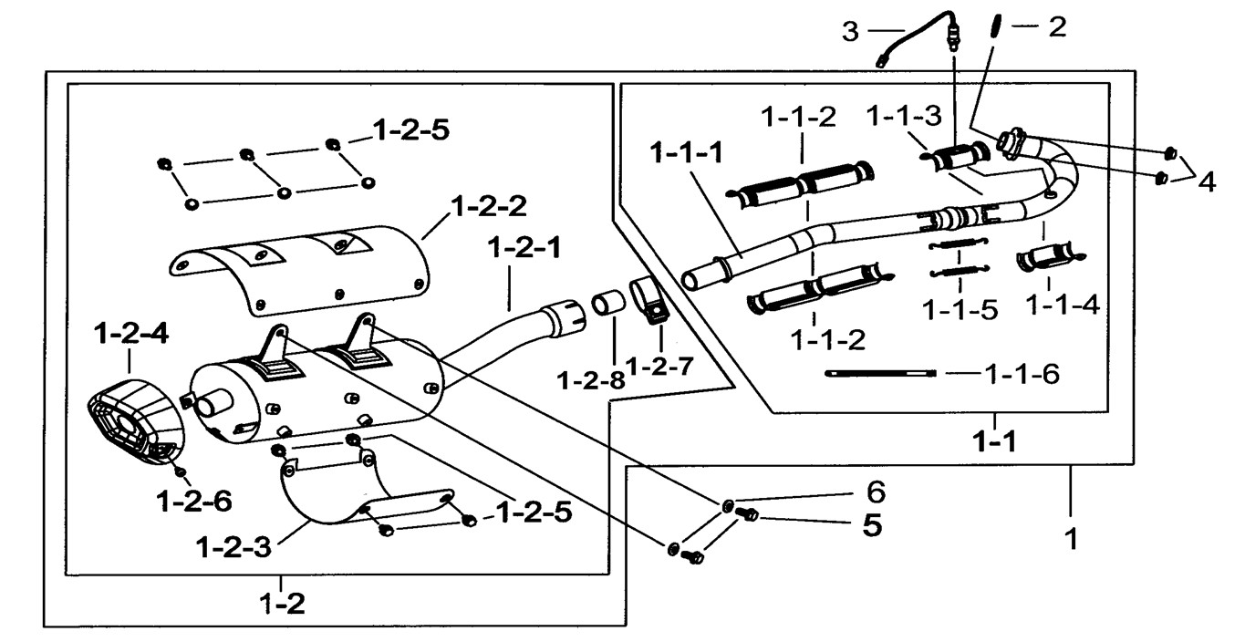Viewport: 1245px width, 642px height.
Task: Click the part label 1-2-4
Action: click(x=130, y=334)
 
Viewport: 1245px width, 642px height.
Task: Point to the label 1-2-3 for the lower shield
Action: click(x=233, y=548)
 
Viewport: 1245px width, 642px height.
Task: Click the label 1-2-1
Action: click(x=526, y=246)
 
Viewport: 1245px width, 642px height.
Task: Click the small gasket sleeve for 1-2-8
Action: click(x=609, y=305)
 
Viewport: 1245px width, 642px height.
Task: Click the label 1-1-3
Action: click(x=904, y=116)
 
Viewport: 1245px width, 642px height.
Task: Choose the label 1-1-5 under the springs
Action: click(x=960, y=310)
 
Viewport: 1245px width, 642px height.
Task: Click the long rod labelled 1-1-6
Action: click(x=879, y=372)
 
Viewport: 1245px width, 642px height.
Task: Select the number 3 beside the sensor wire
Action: click(x=850, y=32)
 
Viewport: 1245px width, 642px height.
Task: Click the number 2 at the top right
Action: click(x=1056, y=27)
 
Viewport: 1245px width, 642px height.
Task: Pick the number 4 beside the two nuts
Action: click(x=1206, y=181)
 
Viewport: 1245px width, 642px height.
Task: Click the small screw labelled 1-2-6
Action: click(x=181, y=471)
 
